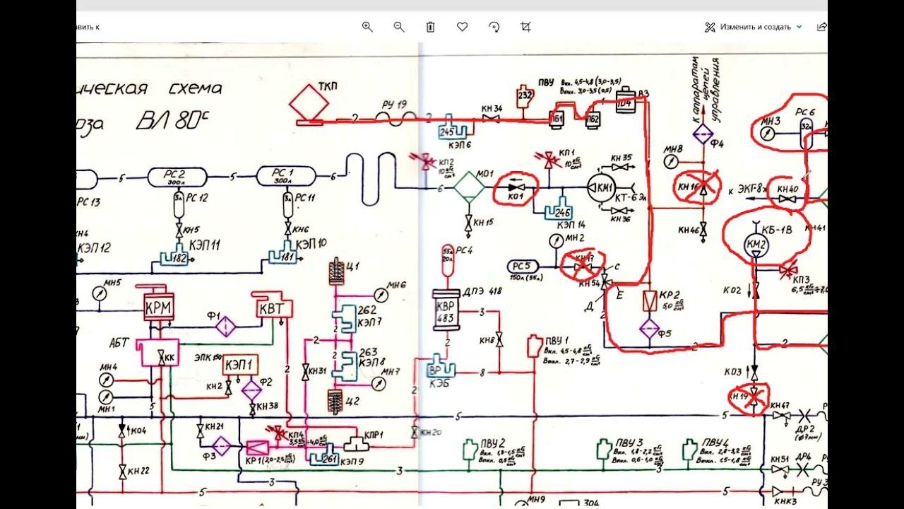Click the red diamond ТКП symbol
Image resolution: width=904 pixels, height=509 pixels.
(309, 103)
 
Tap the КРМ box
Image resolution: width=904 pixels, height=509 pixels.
(158, 308)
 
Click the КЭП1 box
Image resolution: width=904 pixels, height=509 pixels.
(241, 365)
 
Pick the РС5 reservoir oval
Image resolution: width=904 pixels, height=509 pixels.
(523, 267)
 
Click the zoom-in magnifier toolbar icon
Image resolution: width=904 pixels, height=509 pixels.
(367, 27)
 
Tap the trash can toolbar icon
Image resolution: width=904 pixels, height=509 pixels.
(430, 27)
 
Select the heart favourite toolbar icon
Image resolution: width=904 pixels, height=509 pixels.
(462, 27)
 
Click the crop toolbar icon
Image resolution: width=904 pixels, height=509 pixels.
(525, 27)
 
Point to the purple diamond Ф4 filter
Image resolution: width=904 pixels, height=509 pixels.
(702, 134)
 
